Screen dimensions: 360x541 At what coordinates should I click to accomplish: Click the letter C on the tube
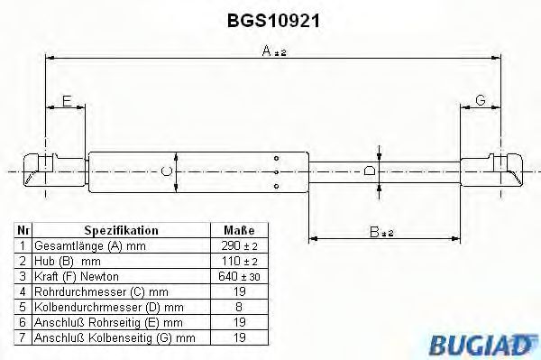pyautogui.click(x=166, y=171)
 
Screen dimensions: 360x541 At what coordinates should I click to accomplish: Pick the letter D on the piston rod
pyautogui.click(x=370, y=170)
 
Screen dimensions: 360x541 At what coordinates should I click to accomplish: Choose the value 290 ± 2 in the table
pyautogui.click(x=238, y=245)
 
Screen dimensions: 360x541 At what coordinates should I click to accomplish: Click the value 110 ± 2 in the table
pyautogui.click(x=238, y=260)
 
